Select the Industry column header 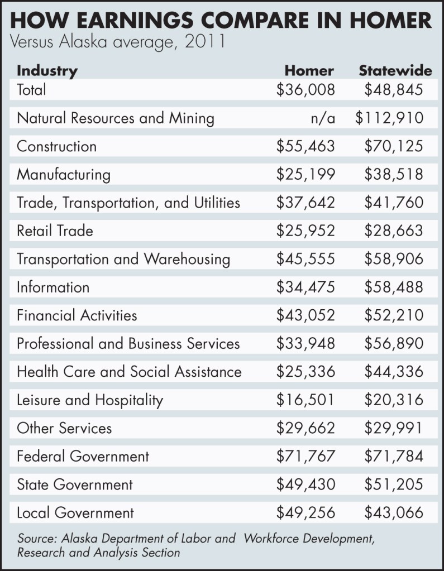(47, 71)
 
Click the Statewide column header (395, 71)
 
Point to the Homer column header (309, 71)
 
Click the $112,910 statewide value (393, 118)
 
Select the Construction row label (56, 146)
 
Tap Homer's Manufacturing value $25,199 (305, 175)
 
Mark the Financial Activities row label (77, 315)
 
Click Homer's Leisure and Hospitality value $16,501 (305, 400)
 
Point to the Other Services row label (64, 428)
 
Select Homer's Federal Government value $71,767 (305, 457)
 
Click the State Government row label (75, 484)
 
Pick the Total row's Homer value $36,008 (305, 90)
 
